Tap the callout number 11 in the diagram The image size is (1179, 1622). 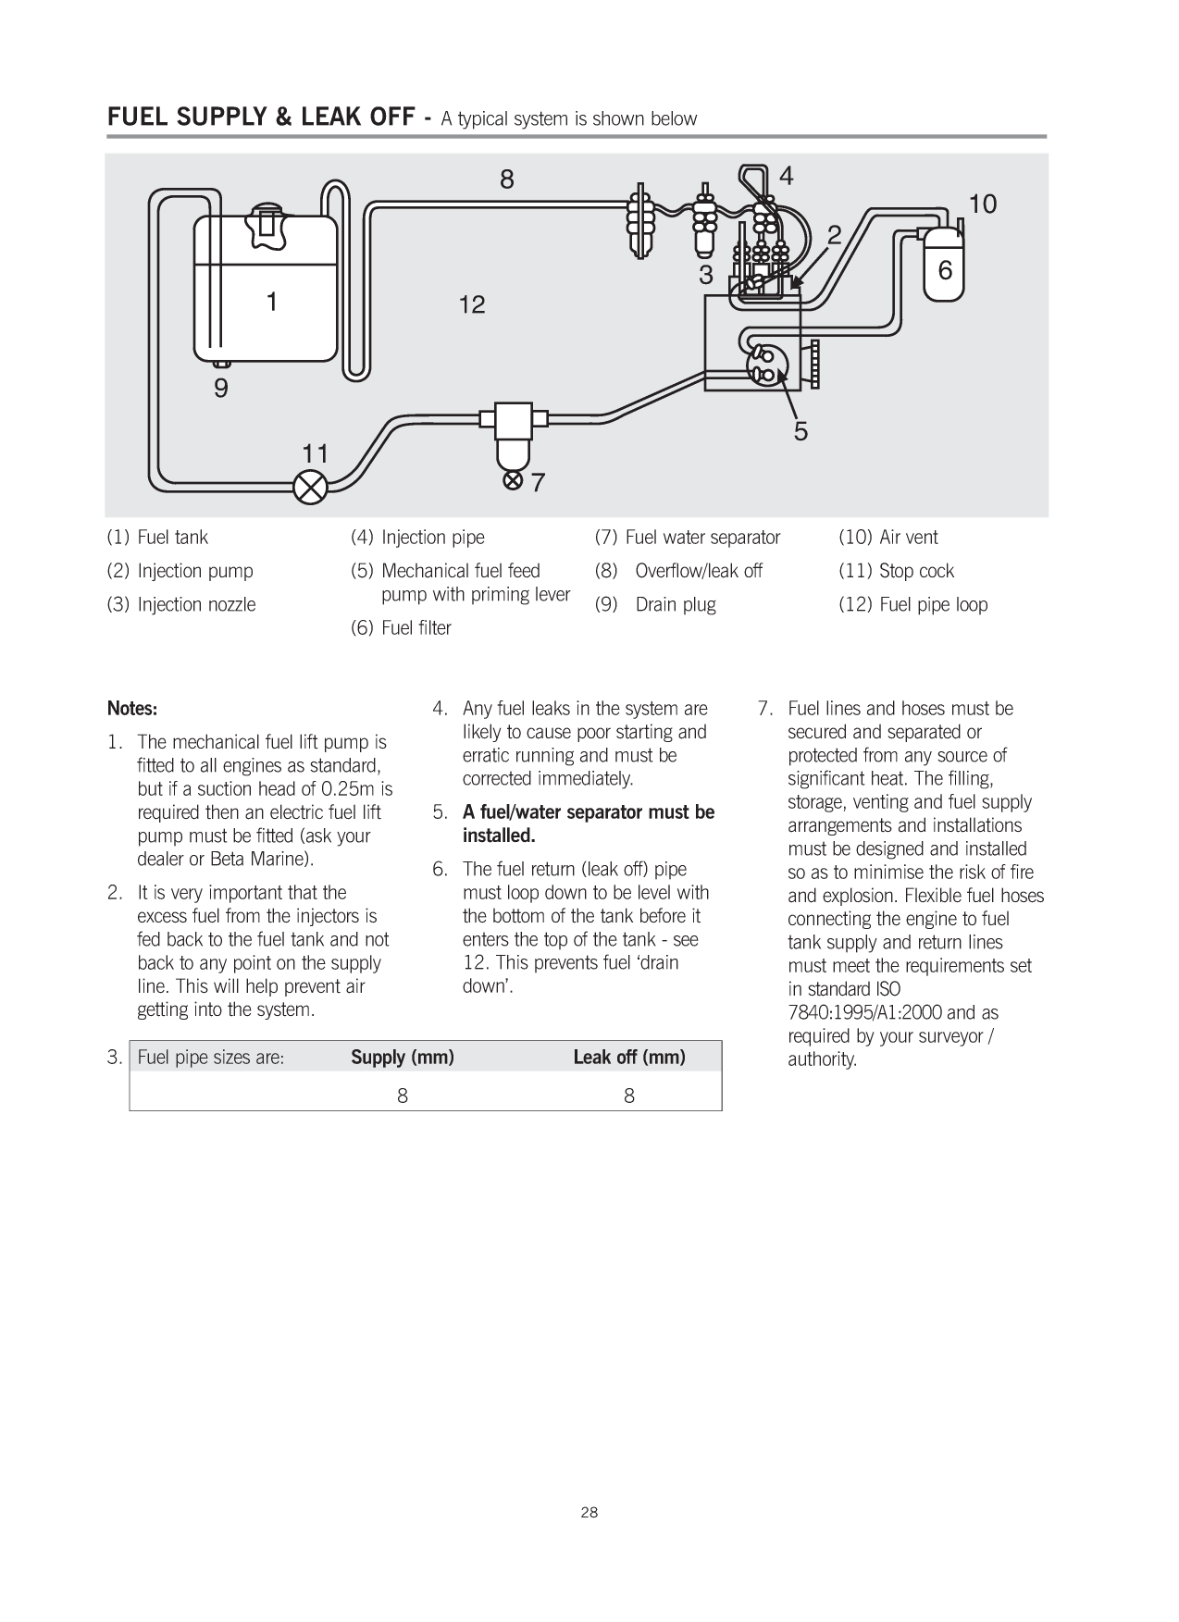[316, 453]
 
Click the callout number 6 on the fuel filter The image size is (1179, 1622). [945, 271]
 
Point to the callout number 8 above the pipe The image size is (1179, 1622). [507, 180]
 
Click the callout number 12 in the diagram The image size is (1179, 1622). [472, 304]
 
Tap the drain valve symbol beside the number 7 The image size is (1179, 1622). [512, 481]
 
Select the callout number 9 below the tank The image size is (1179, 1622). [220, 389]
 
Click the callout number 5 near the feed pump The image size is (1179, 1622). [800, 431]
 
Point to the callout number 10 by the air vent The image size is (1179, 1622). [982, 204]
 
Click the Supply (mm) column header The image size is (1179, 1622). [402, 1058]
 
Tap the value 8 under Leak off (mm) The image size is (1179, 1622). [629, 1096]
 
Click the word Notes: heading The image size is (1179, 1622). [132, 709]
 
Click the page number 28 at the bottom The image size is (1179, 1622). [589, 1513]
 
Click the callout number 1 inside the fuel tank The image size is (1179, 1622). [272, 302]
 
